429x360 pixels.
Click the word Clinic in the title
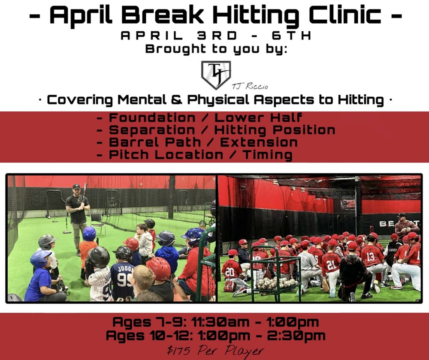pos(345,15)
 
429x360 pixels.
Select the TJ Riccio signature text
pos(250,87)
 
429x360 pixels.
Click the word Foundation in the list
pos(152,117)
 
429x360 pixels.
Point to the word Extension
pos(259,142)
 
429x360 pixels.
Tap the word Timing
pos(267,155)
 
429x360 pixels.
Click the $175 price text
pos(178,351)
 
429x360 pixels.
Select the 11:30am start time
pos(220,322)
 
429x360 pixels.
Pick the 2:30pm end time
pos(296,336)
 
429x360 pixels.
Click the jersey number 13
pos(371,256)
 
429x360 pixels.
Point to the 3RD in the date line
pos(217,36)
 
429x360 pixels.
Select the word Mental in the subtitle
pos(142,100)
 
